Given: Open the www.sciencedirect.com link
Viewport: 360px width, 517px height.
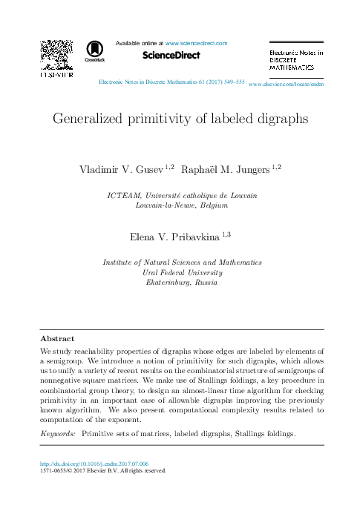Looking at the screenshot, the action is click(x=196, y=44).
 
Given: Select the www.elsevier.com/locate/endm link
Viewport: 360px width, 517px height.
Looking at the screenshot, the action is click(x=287, y=85).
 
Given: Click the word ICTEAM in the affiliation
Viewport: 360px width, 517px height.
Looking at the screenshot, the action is click(x=123, y=194).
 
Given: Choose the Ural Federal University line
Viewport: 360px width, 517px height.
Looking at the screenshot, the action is click(x=182, y=272).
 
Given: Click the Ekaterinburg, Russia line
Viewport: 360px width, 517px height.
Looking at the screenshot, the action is click(x=182, y=283).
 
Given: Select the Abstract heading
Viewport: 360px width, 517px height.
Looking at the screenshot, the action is click(x=57, y=337).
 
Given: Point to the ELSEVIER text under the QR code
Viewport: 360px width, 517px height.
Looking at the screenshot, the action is click(x=55, y=76).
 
